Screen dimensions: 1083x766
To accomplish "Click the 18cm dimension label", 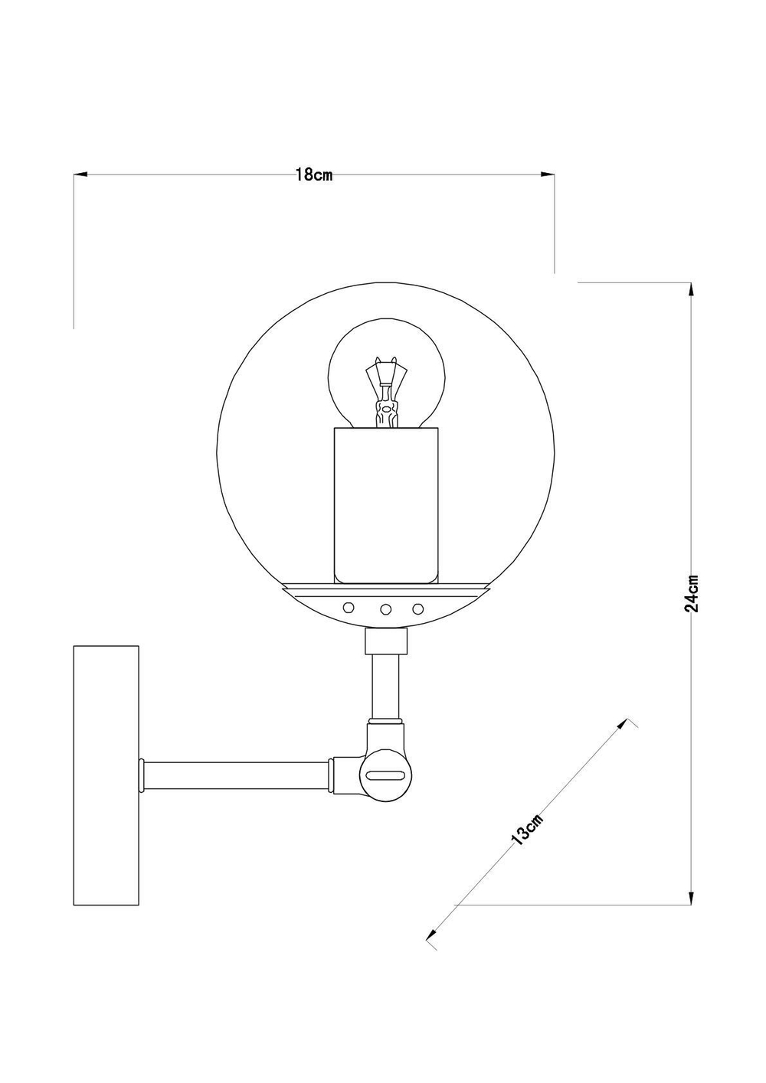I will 313,175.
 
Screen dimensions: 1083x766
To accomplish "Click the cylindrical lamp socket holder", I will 385,505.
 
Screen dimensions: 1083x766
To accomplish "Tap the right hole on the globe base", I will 417,608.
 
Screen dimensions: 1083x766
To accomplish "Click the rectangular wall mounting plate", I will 106,775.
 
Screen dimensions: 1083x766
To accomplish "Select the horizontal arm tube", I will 237,775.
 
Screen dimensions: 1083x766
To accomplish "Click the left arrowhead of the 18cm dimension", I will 80,175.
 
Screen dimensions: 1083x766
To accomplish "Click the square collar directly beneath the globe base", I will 385,641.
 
